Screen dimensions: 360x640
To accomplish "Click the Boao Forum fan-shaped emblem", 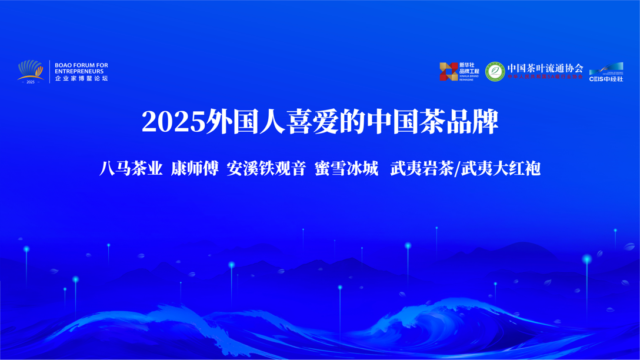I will pyautogui.click(x=31, y=69).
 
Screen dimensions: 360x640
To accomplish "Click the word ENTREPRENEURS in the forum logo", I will pyautogui.click(x=79, y=71).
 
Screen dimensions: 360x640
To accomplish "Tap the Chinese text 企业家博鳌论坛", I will pyautogui.click(x=81, y=78).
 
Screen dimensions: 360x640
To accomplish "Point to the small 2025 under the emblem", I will pyautogui.click(x=31, y=82).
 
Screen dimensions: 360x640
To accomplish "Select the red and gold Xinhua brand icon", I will pyautogui.click(x=448, y=71).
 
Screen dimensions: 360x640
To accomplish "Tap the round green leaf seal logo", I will pyautogui.click(x=495, y=71).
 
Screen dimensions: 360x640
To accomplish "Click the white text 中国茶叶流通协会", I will pyautogui.click(x=545, y=68).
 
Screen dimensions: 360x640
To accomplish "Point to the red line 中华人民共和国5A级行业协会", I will pyautogui.click(x=545, y=76).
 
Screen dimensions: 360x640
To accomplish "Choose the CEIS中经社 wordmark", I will pyautogui.click(x=606, y=78).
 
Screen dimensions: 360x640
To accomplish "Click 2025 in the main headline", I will pyautogui.click(x=173, y=122).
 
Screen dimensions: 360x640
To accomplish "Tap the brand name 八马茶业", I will pyautogui.click(x=131, y=169).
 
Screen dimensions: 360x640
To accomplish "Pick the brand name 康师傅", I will pyautogui.click(x=195, y=169).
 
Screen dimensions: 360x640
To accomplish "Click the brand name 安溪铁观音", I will pyautogui.click(x=266, y=169).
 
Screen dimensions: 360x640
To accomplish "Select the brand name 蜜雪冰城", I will pyautogui.click(x=346, y=169).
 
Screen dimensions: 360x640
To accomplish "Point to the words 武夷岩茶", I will pyautogui.click(x=422, y=169).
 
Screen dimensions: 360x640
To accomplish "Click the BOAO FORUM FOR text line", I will pyautogui.click(x=81, y=65).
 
